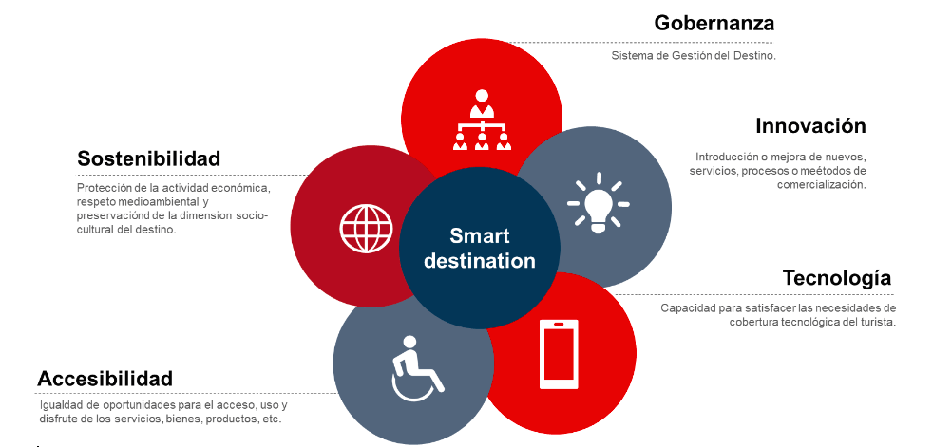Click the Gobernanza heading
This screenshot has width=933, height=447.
tap(714, 23)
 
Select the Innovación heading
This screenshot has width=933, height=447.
tap(810, 126)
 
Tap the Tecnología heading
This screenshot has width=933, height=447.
tap(837, 278)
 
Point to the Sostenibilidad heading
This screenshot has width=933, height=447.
tap(149, 158)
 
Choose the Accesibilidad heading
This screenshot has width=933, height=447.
tap(105, 379)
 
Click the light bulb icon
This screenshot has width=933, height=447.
tap(598, 203)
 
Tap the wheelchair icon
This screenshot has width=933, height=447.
tap(417, 368)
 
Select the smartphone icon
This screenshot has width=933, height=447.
tap(559, 354)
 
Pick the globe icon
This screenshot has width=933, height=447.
tap(366, 229)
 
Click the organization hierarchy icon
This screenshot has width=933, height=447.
tap(482, 120)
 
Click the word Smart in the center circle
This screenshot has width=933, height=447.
tap(480, 235)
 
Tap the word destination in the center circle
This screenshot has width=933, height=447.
tap(480, 260)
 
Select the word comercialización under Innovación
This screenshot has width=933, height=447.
tap(821, 185)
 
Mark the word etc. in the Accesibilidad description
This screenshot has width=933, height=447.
tap(272, 419)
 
